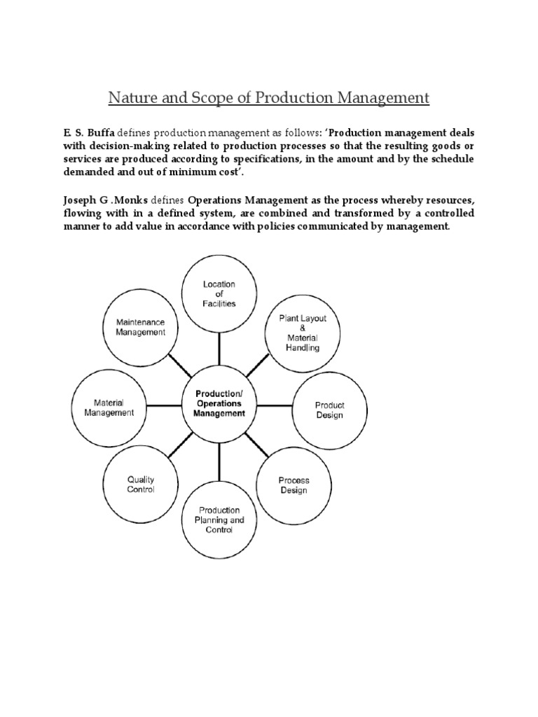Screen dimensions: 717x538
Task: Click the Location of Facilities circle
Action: (219, 294)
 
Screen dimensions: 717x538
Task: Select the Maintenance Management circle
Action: (141, 327)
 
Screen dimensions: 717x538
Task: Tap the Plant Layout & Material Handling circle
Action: (299, 333)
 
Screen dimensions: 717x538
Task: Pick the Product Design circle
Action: (329, 410)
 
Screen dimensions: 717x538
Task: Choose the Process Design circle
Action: (294, 485)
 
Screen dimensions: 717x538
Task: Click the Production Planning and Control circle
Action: (219, 520)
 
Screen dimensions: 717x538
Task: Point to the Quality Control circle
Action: (140, 485)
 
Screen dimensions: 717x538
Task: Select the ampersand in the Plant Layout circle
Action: (299, 328)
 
